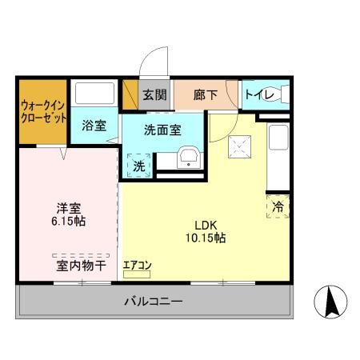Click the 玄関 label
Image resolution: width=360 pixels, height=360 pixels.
pos(154,95)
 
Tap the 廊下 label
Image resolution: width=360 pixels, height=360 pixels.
pos(205,95)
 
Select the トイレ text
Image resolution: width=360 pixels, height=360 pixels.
pos(259,95)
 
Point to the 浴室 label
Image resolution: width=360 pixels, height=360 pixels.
pos(94,126)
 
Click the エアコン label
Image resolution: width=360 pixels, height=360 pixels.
pos(138,265)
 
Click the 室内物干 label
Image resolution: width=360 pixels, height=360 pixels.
pos(80,265)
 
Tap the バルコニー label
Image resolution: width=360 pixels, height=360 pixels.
pos(153,302)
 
